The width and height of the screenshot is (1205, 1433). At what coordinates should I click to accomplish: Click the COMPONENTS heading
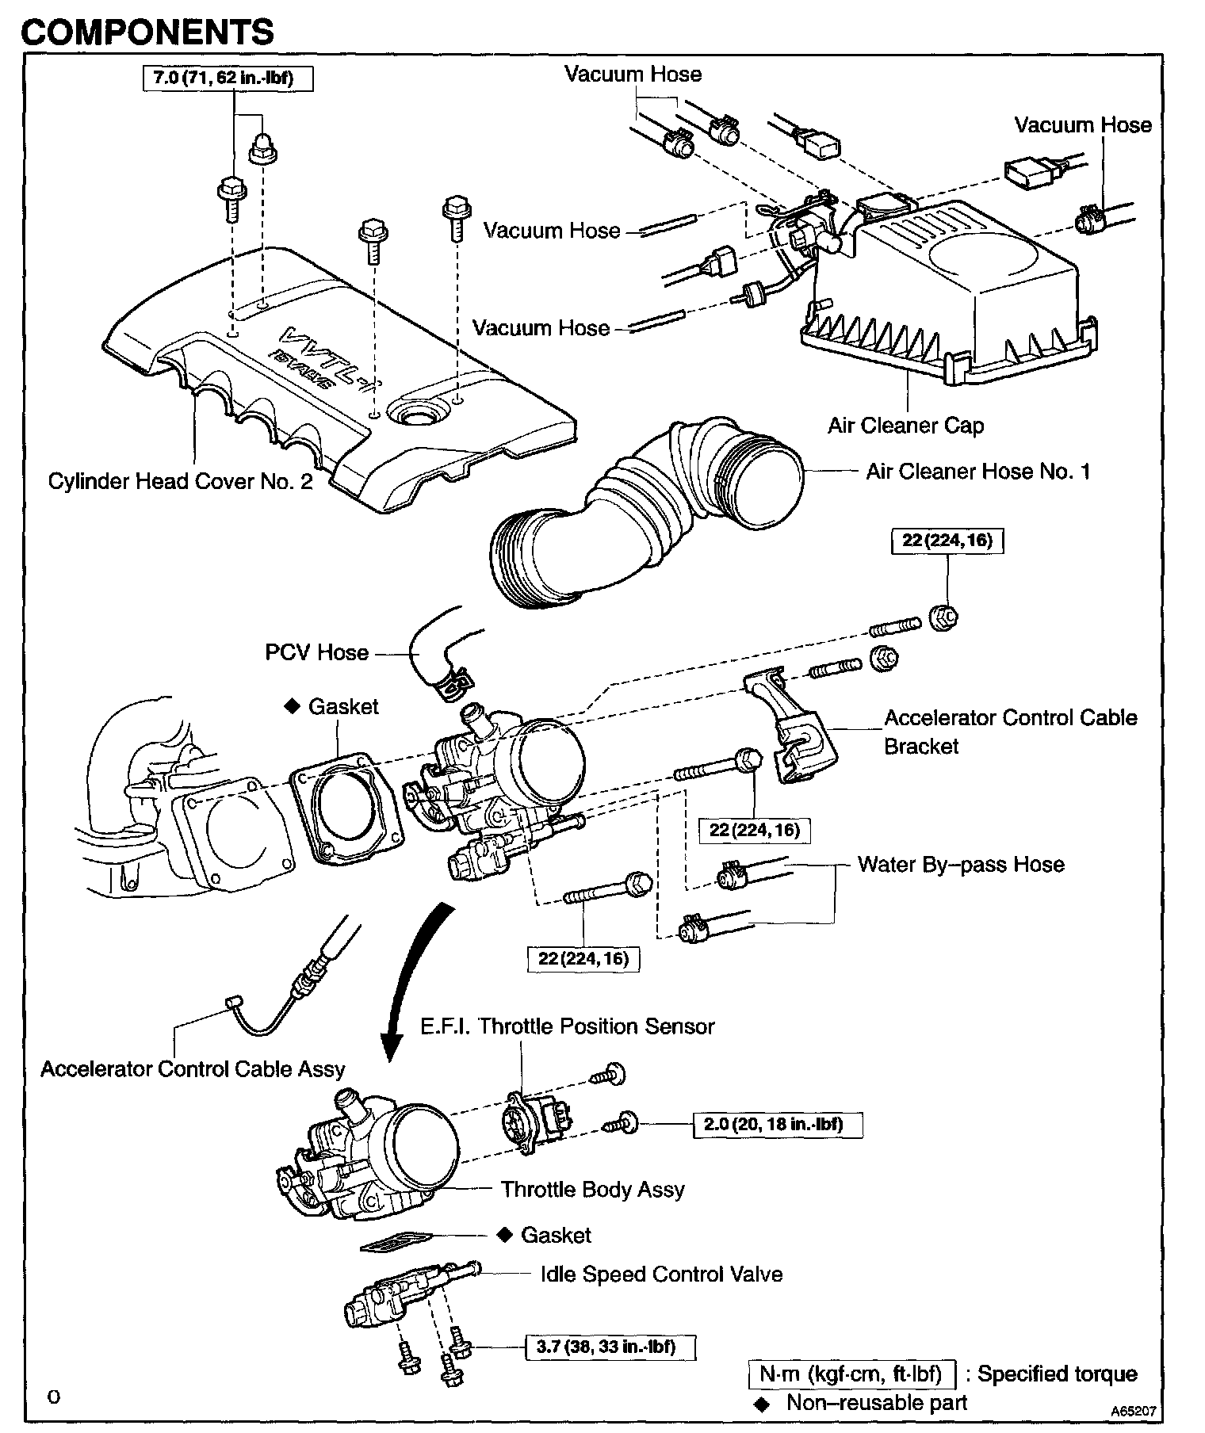pos(147,32)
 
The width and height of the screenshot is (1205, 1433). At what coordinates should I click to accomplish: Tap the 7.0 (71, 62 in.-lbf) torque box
pos(228,78)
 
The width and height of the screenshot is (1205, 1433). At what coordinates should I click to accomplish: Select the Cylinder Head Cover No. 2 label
pos(180,481)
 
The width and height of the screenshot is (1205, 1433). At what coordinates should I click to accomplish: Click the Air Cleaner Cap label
pos(905,426)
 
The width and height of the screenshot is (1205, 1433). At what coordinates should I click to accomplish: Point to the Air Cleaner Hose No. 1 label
pos(977,472)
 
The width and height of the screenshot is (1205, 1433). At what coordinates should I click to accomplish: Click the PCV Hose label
pos(316,652)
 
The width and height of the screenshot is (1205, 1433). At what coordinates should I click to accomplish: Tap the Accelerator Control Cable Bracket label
pos(1010,732)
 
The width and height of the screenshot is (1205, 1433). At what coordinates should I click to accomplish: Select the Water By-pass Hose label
pos(961,864)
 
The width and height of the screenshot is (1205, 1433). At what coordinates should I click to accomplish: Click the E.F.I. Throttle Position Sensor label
pos(567,1026)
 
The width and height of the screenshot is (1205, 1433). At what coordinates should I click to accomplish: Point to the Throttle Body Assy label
pos(592,1189)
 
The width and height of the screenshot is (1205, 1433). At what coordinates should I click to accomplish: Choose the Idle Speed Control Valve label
pos(661,1274)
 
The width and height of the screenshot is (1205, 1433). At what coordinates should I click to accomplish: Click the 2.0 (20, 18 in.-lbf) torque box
pos(777,1125)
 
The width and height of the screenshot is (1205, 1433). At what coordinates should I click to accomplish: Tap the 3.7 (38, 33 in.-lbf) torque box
pos(610,1347)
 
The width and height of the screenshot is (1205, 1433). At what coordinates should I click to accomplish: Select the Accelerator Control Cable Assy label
pos(193,1069)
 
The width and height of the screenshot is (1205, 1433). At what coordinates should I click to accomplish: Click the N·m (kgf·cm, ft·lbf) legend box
pos(851,1374)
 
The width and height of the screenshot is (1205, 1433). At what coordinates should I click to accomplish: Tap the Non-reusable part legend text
pos(876,1402)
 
